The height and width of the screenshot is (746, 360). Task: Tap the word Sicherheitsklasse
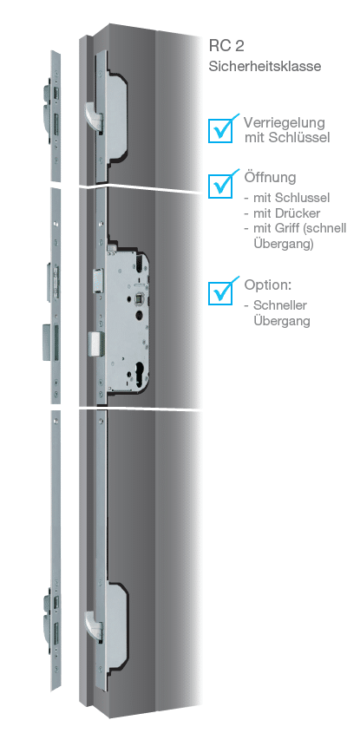click(265, 66)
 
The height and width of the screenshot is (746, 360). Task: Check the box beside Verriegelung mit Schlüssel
click(220, 130)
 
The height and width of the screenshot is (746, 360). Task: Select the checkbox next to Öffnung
click(220, 185)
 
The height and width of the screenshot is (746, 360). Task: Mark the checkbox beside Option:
click(220, 291)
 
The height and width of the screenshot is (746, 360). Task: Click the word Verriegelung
click(285, 123)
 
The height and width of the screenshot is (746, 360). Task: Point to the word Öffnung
click(270, 178)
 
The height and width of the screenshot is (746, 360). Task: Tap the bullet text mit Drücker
click(287, 213)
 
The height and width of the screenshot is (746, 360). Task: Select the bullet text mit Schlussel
click(291, 198)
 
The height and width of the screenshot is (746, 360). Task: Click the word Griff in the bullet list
click(288, 228)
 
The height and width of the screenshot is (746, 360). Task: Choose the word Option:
click(268, 285)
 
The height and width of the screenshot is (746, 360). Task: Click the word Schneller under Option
click(280, 305)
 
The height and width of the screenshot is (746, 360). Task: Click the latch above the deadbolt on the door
click(98, 279)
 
